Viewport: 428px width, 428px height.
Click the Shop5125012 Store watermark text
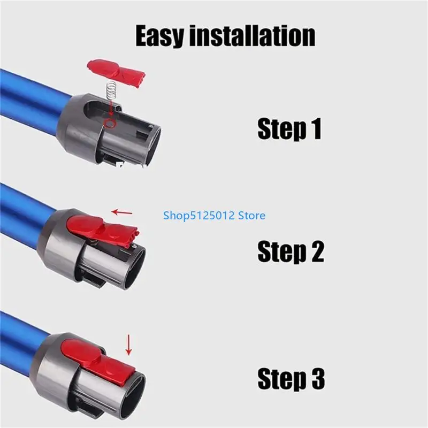pos(214,216)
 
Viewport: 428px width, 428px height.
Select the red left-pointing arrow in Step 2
pos(123,212)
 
